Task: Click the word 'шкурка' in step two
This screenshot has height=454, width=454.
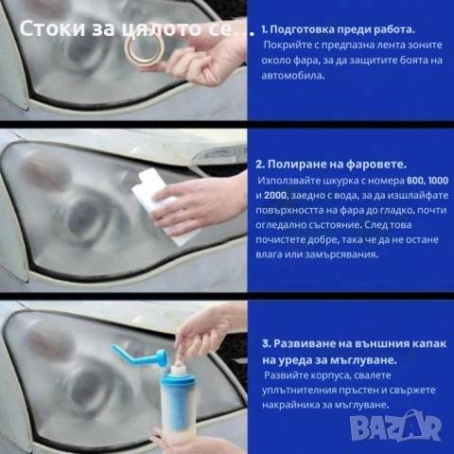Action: click(x=335, y=179)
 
